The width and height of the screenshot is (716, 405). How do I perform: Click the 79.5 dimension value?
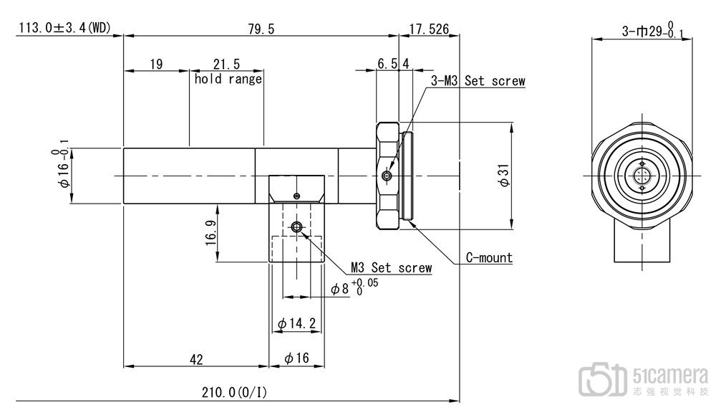(x=261, y=29)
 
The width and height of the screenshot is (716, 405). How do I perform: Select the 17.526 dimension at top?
(x=429, y=29)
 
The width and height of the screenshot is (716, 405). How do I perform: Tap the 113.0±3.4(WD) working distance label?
(x=64, y=28)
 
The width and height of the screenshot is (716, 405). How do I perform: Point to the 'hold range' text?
(x=228, y=79)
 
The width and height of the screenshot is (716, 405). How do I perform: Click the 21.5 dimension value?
(x=226, y=64)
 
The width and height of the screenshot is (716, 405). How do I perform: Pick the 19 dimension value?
(x=156, y=64)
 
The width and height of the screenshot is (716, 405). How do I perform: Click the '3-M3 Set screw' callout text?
(x=478, y=81)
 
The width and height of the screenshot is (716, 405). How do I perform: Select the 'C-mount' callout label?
(x=489, y=257)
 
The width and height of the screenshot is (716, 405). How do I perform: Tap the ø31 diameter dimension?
(x=504, y=176)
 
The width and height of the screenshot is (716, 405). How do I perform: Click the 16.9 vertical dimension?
(x=211, y=233)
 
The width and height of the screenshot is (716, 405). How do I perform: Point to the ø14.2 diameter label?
(x=296, y=323)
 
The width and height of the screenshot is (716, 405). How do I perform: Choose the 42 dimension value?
(x=196, y=360)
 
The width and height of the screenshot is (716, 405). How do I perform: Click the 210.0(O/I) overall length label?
(x=234, y=392)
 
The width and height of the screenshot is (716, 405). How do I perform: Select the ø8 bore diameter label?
(x=354, y=287)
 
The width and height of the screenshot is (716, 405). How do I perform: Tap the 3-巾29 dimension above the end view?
(x=653, y=29)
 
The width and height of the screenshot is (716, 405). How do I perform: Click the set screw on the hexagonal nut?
(x=387, y=176)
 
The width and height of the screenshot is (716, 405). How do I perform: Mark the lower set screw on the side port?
(x=296, y=226)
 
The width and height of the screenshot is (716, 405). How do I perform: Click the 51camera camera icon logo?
(x=602, y=379)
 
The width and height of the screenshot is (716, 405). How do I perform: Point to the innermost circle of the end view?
(x=642, y=176)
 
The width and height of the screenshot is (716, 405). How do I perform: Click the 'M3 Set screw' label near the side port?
(x=392, y=267)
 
